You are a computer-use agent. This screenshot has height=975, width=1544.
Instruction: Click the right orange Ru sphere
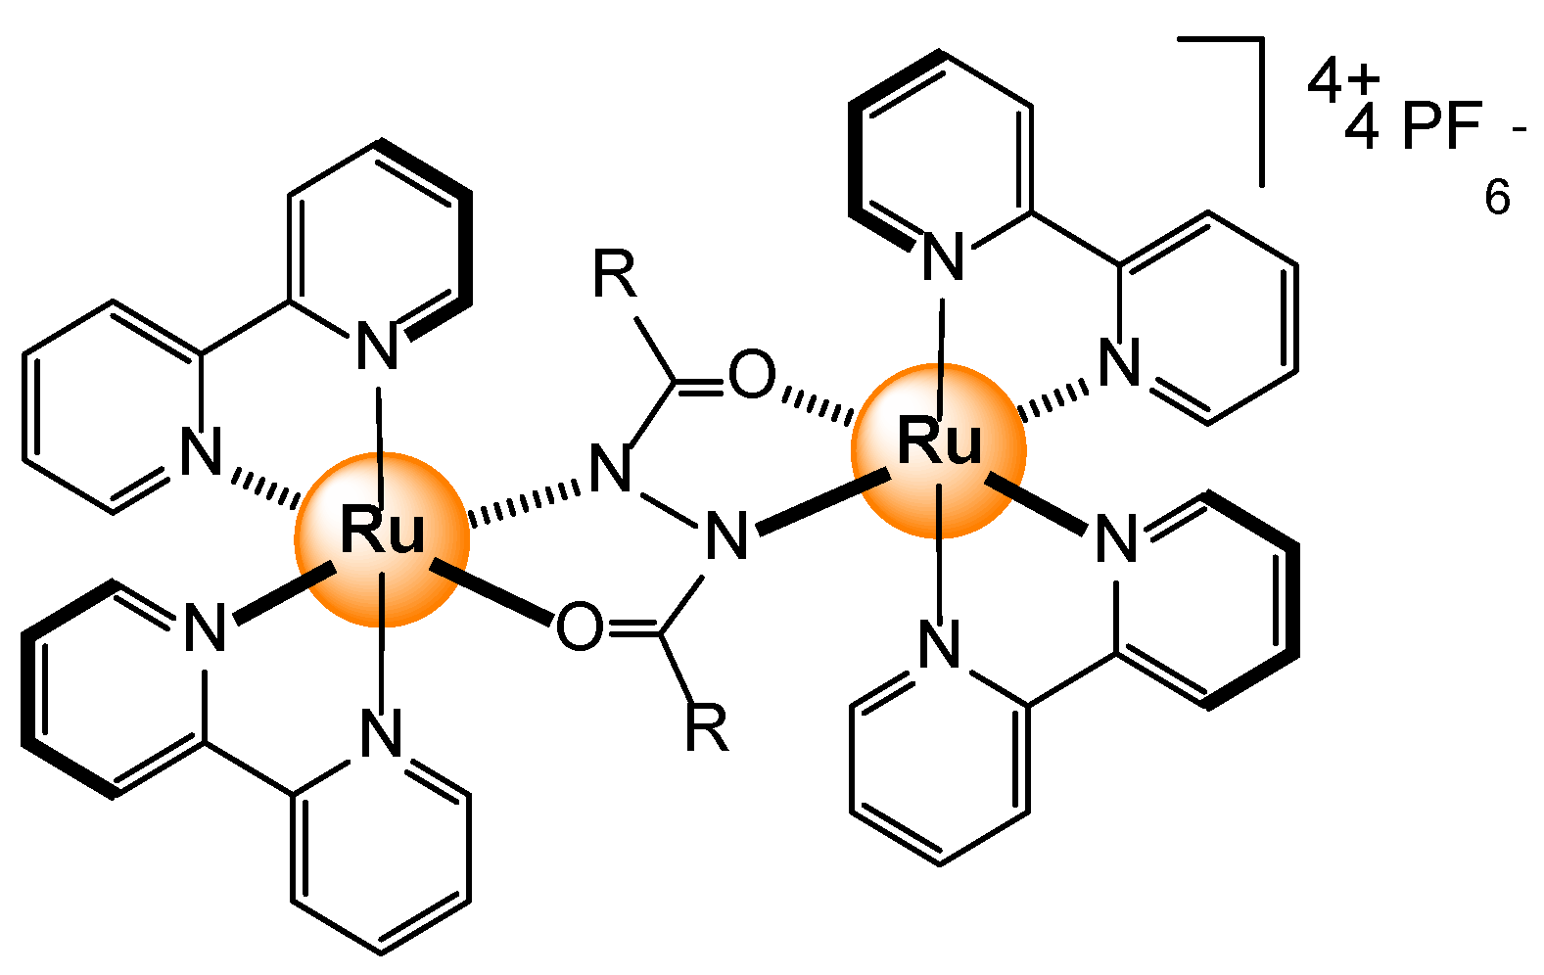pyautogui.click(x=938, y=449)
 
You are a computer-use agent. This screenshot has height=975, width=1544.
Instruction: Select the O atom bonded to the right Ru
pyautogui.click(x=752, y=376)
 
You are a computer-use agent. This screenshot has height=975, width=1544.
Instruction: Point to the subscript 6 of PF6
pyautogui.click(x=1497, y=198)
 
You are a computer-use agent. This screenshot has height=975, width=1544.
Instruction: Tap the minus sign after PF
pyautogui.click(x=1519, y=128)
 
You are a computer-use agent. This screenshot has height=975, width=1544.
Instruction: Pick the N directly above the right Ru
pyautogui.click(x=944, y=257)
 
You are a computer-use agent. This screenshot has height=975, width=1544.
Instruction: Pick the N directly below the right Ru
pyautogui.click(x=940, y=646)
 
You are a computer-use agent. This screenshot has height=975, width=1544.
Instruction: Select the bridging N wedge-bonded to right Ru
pyautogui.click(x=726, y=535)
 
